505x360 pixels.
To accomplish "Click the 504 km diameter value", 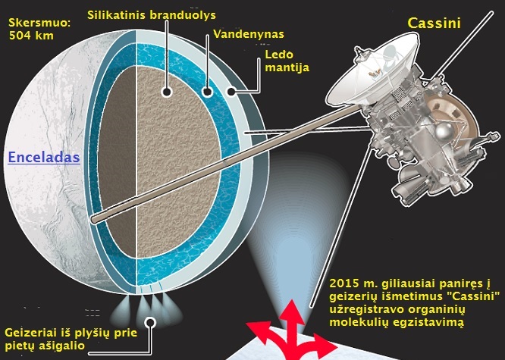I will point(27,35).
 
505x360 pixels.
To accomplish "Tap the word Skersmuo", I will point(38,23).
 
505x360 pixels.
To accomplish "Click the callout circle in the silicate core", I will point(165,92).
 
